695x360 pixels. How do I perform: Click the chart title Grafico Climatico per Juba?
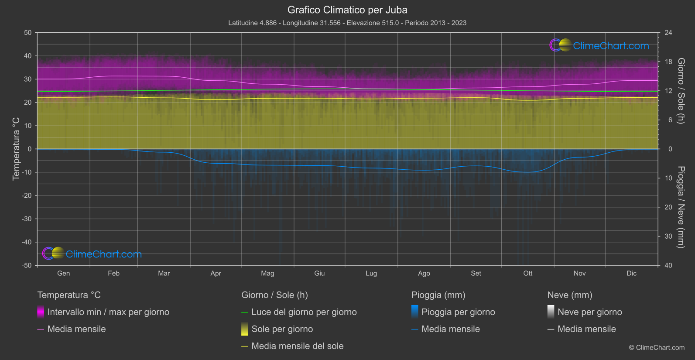(x=347, y=10)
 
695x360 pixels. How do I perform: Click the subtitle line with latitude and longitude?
(x=347, y=23)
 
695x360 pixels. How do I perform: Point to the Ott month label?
(x=528, y=273)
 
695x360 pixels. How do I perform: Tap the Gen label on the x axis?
(x=64, y=273)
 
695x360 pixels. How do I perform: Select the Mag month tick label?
(x=267, y=273)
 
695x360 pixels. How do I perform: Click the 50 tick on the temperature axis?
(x=28, y=33)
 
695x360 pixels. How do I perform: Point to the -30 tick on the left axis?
(x=27, y=219)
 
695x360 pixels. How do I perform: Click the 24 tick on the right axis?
(x=668, y=33)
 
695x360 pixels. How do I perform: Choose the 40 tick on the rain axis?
(x=668, y=265)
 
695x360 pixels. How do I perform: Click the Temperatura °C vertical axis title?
(x=16, y=148)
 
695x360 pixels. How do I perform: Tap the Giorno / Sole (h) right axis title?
(x=681, y=91)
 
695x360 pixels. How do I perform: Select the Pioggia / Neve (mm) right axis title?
(x=681, y=207)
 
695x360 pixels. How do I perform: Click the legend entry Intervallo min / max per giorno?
(x=108, y=312)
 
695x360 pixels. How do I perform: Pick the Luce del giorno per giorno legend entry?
(x=304, y=312)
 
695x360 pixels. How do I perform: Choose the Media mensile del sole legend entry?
(x=297, y=346)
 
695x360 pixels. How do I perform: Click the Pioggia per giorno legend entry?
(x=458, y=312)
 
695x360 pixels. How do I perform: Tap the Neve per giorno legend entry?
(x=589, y=312)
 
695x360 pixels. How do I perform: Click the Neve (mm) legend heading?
(x=570, y=295)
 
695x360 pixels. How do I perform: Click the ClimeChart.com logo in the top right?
(x=599, y=45)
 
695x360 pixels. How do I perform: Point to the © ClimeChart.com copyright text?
(x=657, y=347)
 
